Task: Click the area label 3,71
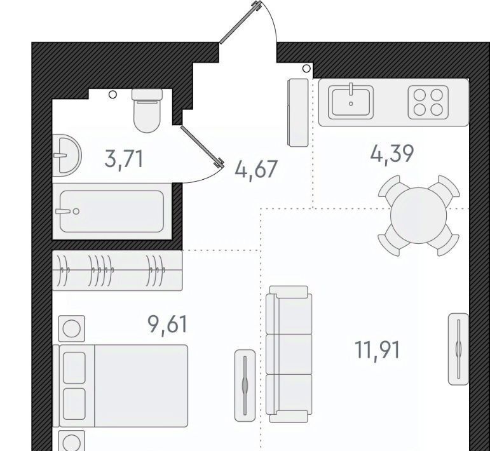tap(124, 159)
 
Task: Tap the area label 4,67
tap(256, 169)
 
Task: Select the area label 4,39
tap(392, 154)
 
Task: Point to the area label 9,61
tap(168, 325)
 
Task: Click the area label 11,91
tap(377, 350)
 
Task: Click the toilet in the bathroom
tap(147, 111)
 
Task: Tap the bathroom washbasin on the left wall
tap(67, 155)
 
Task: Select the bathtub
tap(112, 212)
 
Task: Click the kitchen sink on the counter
tap(351, 102)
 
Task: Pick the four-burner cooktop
tap(428, 102)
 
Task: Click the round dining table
tap(418, 215)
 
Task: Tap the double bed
tap(120, 386)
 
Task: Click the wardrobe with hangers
tap(117, 270)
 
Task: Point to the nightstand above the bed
tap(72, 328)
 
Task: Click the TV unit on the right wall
tap(458, 349)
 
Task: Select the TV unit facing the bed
tap(245, 386)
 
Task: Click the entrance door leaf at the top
tap(240, 22)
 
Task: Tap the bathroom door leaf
tap(202, 146)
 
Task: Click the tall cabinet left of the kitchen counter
tap(298, 112)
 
